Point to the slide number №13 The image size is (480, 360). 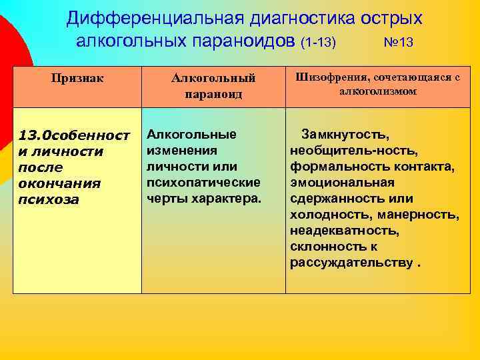[399, 42]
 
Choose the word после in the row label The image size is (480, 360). [40, 167]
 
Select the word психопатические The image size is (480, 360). [203, 182]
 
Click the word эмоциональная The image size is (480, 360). [342, 182]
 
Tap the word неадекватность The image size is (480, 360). [345, 231]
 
